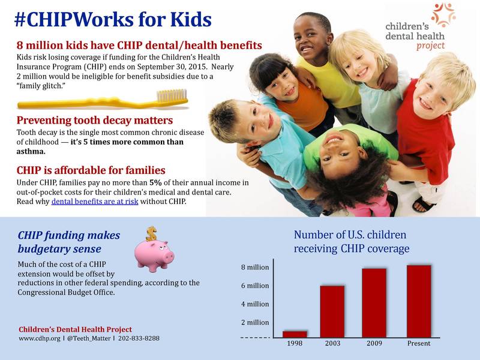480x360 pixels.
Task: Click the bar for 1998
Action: (x=295, y=334)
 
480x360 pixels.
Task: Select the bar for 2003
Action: (x=332, y=311)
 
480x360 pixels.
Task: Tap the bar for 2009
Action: (x=374, y=303)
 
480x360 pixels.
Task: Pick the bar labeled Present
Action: (x=419, y=302)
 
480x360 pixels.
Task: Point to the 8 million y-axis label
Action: (x=255, y=267)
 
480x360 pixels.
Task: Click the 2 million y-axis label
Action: (x=255, y=322)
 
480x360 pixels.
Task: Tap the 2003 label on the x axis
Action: (x=333, y=343)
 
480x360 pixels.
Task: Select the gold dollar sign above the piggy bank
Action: (x=151, y=233)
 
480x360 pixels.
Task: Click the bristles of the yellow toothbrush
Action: (x=172, y=95)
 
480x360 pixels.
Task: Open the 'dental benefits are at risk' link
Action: (x=95, y=202)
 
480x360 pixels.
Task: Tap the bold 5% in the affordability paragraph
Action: (x=155, y=182)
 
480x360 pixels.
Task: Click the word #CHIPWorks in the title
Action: (x=74, y=20)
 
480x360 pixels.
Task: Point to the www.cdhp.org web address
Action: (x=40, y=338)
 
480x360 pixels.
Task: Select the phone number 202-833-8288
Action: (x=139, y=338)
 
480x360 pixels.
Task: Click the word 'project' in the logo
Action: (x=430, y=46)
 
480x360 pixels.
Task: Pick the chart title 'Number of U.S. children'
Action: (x=350, y=235)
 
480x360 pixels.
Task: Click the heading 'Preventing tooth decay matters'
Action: (x=95, y=121)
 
